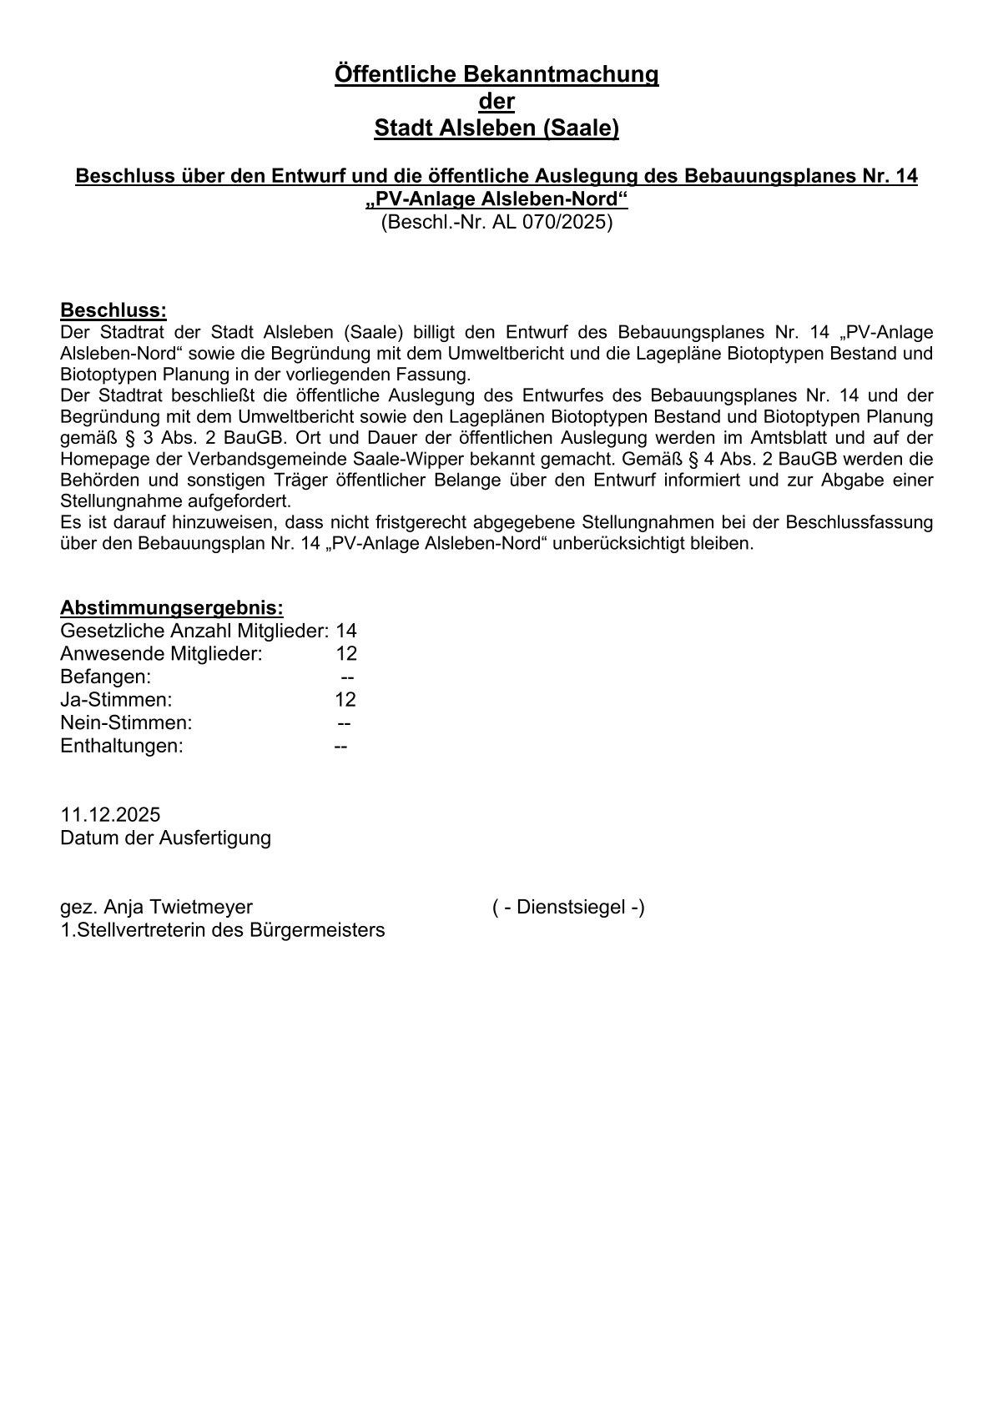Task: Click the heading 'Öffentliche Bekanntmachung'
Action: click(496, 74)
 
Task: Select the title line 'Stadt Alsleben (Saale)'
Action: click(496, 128)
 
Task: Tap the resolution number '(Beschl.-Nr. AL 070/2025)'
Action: click(496, 223)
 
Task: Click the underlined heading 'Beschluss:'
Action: click(113, 310)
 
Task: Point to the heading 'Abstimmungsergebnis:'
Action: click(172, 607)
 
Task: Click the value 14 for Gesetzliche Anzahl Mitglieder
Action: click(346, 631)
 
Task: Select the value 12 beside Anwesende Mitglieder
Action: click(346, 653)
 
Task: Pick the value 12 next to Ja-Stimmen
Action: click(345, 699)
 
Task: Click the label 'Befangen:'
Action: click(106, 677)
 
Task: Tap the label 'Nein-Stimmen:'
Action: click(126, 722)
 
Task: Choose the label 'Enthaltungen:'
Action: click(122, 745)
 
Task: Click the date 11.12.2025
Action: click(110, 814)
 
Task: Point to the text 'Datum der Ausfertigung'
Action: click(165, 837)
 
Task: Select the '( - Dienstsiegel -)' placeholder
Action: click(568, 907)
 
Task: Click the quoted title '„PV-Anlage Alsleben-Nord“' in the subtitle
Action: click(496, 200)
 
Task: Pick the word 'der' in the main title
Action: click(496, 102)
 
